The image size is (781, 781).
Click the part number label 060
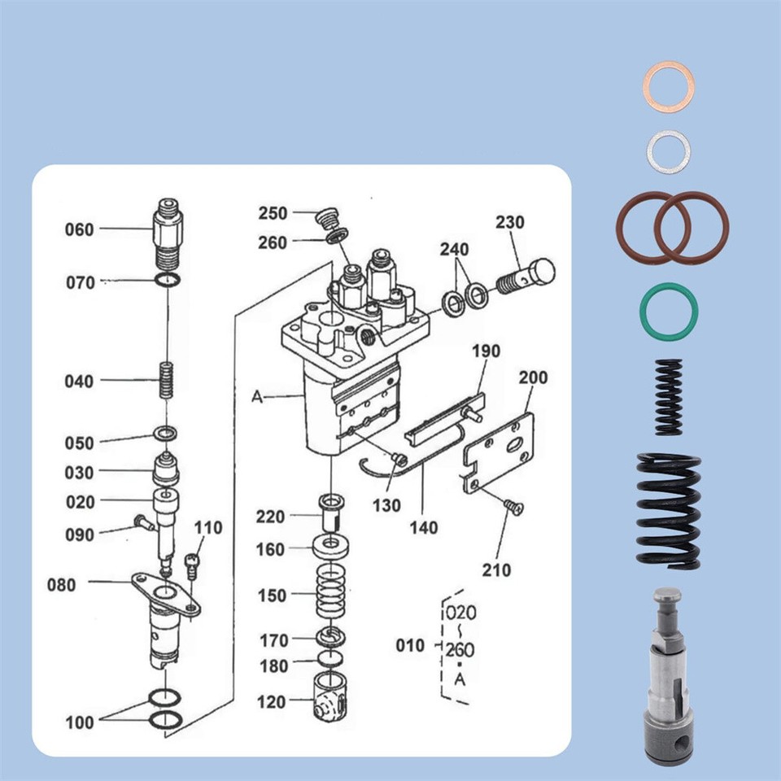point(79,230)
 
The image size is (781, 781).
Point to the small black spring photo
point(668,396)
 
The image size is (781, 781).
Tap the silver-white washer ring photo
point(669,151)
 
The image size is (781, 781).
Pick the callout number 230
point(510,222)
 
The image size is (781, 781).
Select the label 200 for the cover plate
point(533,377)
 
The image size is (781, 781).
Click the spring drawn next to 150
point(331,595)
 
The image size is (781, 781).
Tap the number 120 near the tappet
point(271,702)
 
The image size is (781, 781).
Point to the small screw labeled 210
point(513,508)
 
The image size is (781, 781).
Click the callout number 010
point(410,645)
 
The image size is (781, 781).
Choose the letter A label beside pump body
point(257,396)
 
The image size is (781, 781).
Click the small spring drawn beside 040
point(166,380)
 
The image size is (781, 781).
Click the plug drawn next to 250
point(328,218)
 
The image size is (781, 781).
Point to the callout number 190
point(486,351)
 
